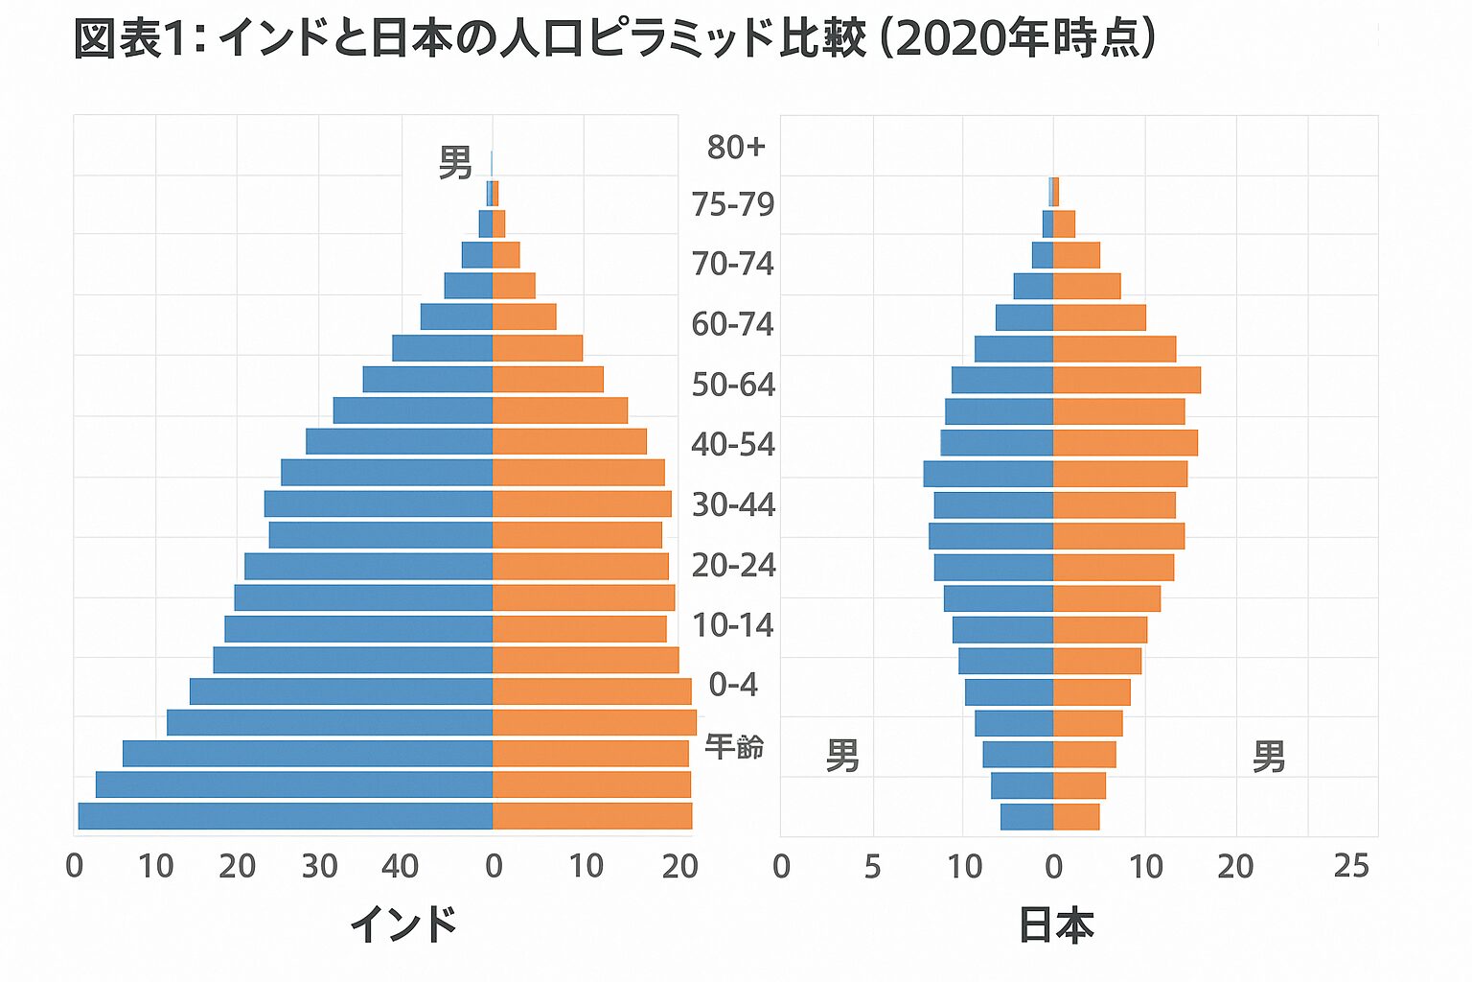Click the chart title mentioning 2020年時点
point(613,39)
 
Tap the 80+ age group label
point(736,147)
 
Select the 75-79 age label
point(733,204)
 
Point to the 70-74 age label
point(733,264)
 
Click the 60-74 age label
point(733,324)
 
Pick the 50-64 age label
point(733,385)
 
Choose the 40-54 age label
point(733,445)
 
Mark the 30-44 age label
point(733,504)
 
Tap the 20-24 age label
point(733,565)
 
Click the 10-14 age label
point(733,625)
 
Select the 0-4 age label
point(733,685)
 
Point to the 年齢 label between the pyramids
point(734,746)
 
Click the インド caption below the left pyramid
point(403,924)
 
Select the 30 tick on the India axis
point(319,866)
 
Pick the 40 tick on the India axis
point(401,866)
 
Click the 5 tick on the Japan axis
point(872,866)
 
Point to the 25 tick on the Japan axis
point(1351,866)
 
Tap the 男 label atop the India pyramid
point(455,163)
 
